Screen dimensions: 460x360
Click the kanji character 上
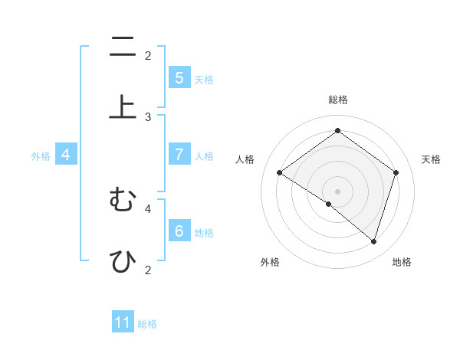(x=122, y=106)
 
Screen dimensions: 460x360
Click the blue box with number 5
(x=179, y=77)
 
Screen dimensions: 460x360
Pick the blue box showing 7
(x=179, y=154)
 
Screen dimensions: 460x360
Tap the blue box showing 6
(x=179, y=231)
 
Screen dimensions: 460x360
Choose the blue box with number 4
(x=66, y=154)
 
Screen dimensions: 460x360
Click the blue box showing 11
(x=123, y=322)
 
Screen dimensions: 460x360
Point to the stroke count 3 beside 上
(x=148, y=116)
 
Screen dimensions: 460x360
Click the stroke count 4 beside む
(x=148, y=208)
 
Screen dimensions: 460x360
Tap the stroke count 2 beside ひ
(x=148, y=270)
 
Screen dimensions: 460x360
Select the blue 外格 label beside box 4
(x=41, y=155)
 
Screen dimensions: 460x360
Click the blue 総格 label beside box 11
(x=147, y=324)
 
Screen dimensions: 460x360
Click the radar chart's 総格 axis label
(x=338, y=100)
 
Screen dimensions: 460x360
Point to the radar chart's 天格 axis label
(x=431, y=159)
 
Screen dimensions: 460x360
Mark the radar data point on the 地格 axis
(x=373, y=241)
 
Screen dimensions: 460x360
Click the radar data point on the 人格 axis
(x=280, y=172)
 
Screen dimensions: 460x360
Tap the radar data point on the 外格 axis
(x=329, y=204)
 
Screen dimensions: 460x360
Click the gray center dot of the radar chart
(x=338, y=191)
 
